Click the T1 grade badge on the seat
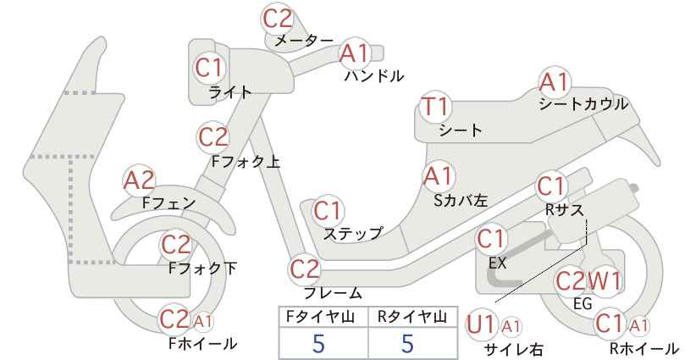436,107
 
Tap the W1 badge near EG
604,281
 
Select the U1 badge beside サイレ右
481,325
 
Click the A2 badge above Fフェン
139,180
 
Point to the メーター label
304,41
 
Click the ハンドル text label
374,76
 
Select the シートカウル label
583,104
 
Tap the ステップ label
352,234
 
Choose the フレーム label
333,292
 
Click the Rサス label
564,209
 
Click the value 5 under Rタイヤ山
407,343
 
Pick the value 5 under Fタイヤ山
318,343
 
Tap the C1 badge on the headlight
208,68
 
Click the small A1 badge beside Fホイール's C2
202,320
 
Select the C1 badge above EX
490,239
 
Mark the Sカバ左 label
461,201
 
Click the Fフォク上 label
246,161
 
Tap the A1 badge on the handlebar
355,53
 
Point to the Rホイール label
644,348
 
